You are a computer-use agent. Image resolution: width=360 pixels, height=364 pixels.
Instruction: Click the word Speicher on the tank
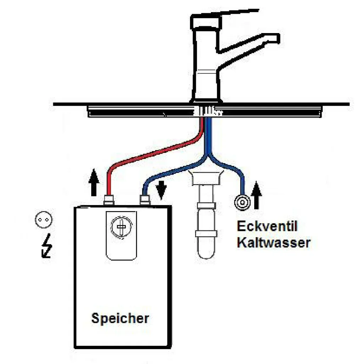(x=120, y=318)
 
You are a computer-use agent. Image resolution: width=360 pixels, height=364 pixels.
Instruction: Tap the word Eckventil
(x=267, y=226)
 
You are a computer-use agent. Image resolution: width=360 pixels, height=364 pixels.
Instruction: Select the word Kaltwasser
(x=274, y=243)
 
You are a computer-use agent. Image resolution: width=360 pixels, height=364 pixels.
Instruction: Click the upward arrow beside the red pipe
(x=94, y=182)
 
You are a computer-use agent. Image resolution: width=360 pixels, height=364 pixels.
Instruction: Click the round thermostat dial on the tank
(x=121, y=226)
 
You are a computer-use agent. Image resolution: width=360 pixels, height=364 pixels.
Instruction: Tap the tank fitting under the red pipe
(x=108, y=200)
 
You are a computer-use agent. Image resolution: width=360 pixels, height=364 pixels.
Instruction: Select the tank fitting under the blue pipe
(x=145, y=200)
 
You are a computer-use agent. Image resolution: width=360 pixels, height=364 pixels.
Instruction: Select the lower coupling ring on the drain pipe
(x=206, y=233)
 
